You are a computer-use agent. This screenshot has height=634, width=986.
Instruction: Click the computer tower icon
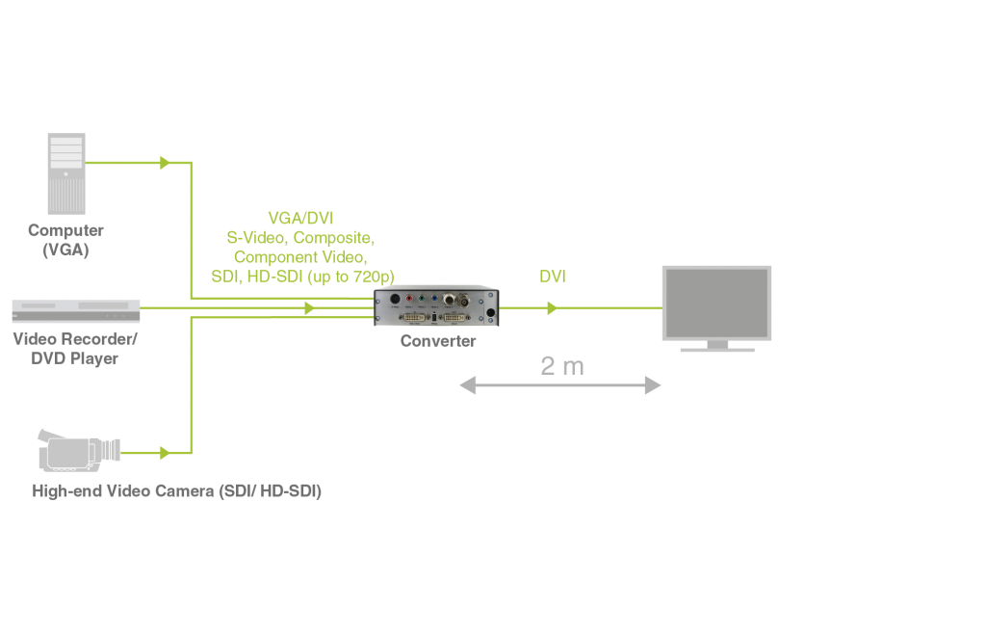[66, 173]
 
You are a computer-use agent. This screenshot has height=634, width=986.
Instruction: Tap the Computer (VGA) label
[65, 240]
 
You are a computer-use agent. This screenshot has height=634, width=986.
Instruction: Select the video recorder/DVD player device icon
[76, 310]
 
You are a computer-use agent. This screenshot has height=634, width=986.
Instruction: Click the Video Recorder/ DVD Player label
[76, 349]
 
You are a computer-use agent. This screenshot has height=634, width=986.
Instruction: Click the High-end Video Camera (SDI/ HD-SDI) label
[177, 491]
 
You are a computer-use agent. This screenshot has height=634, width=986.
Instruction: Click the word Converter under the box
[438, 341]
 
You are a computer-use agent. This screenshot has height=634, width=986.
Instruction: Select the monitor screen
[717, 301]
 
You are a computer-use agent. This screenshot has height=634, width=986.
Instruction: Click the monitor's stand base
[717, 348]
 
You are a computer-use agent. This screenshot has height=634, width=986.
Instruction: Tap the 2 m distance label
[562, 366]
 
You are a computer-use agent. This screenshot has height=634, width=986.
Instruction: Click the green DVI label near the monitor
[553, 277]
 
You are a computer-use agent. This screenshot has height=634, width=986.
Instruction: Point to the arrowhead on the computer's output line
[165, 163]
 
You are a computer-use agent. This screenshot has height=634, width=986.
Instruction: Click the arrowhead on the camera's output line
[165, 453]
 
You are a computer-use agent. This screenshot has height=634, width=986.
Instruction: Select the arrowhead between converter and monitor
[552, 308]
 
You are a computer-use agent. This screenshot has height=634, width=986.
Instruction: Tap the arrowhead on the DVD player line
[309, 308]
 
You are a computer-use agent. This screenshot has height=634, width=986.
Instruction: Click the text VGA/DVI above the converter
[300, 219]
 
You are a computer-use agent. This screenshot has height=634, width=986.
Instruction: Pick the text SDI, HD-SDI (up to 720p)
[302, 277]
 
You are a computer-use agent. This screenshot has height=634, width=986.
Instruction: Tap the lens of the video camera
[115, 449]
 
